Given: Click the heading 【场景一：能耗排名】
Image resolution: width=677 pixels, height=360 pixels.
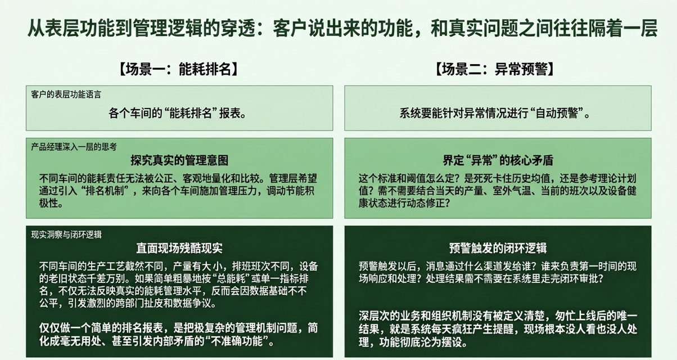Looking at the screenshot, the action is click(178, 69).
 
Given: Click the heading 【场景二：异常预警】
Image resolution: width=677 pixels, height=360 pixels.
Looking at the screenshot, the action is click(494, 69).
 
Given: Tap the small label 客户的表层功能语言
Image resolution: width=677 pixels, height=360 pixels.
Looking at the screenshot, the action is click(66, 94).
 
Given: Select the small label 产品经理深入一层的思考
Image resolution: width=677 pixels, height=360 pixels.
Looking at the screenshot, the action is click(74, 147).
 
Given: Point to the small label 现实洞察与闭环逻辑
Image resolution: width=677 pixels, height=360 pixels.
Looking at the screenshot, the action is click(66, 235).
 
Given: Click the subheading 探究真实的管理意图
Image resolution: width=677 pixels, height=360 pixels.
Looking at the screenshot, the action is click(179, 160).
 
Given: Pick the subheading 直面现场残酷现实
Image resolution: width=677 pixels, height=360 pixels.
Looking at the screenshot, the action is click(179, 248).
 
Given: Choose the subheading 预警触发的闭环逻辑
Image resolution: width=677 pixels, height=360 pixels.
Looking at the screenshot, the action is click(498, 248).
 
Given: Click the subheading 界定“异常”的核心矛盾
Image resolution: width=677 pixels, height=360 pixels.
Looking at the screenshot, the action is click(498, 160).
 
